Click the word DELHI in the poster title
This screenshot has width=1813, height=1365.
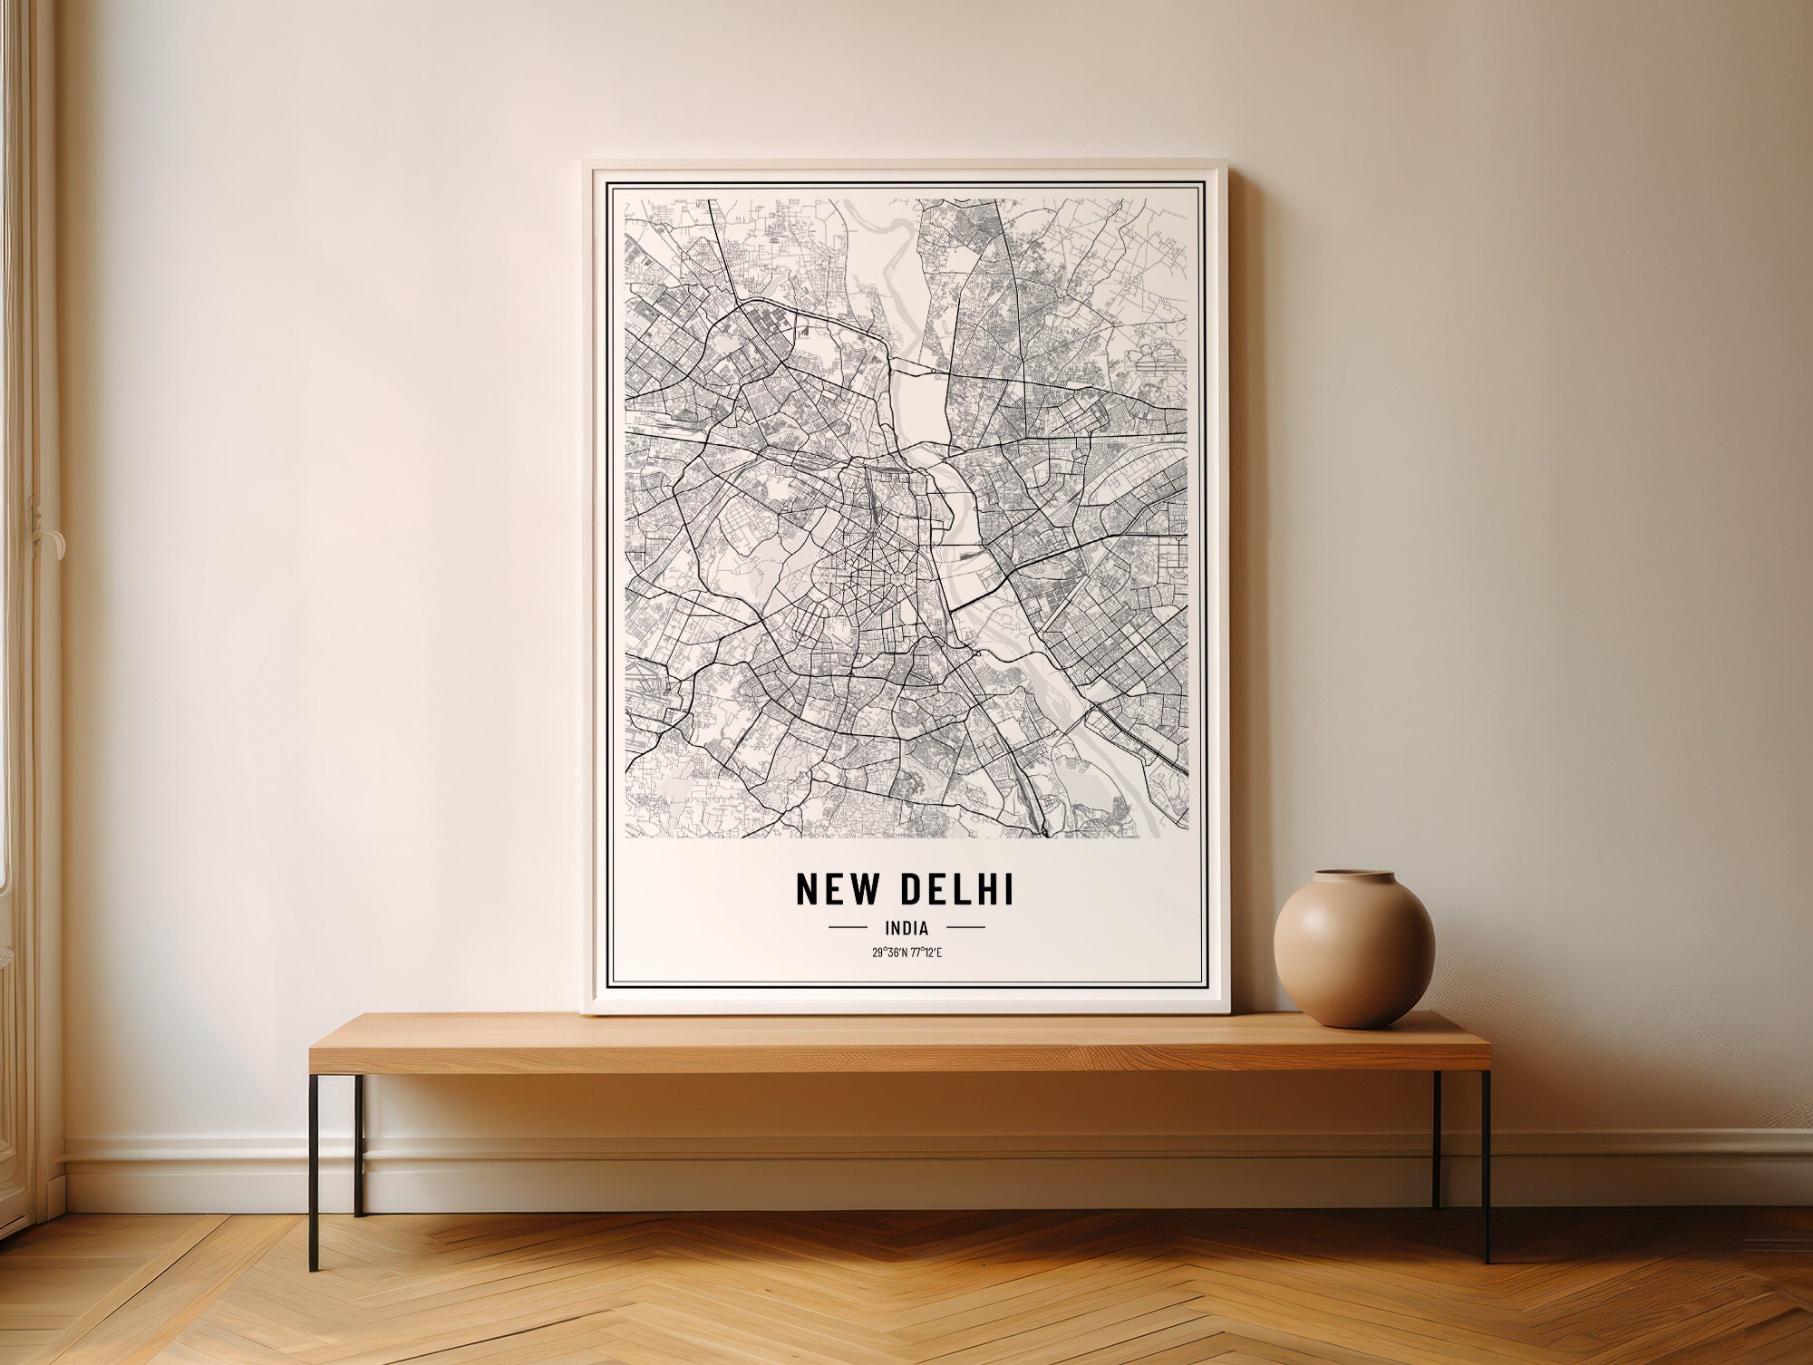point(955,890)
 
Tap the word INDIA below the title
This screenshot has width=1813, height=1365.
point(906,927)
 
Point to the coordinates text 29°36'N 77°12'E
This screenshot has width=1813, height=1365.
point(906,952)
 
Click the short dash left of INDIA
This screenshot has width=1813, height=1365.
point(848,927)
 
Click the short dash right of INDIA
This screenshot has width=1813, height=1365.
point(965,927)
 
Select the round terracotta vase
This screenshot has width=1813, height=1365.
point(1354,952)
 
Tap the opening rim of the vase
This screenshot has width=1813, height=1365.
point(1354,877)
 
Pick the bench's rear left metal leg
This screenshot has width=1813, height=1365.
point(359,1142)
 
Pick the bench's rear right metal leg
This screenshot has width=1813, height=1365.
point(1437,1137)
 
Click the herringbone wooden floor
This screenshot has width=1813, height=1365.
point(906,1296)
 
